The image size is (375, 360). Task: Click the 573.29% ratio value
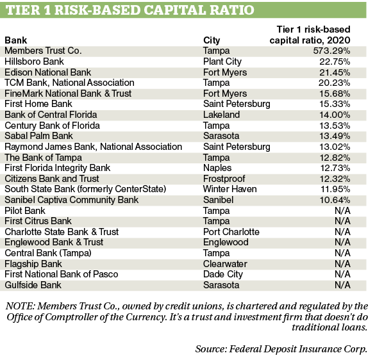(331, 51)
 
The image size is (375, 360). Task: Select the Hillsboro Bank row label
(34, 61)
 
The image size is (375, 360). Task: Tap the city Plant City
(222, 62)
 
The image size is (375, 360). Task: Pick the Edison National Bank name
(48, 72)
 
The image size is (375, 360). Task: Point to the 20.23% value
(334, 83)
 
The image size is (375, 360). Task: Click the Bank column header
(16, 40)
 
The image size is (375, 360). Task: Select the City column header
(212, 40)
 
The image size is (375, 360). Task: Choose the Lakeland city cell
(221, 115)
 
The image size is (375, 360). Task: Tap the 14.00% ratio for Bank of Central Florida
(335, 115)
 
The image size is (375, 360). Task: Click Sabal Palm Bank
(38, 136)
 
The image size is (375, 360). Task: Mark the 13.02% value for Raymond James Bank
(335, 147)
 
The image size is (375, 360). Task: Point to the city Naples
(217, 168)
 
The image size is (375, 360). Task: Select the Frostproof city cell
(224, 179)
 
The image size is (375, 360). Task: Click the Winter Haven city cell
(230, 189)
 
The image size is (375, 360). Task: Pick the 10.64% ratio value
(335, 200)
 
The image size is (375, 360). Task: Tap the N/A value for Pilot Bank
(342, 211)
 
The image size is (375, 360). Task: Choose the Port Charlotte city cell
(231, 232)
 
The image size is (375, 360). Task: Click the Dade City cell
(223, 274)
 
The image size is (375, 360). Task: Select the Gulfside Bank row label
(33, 285)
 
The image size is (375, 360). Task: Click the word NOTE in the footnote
(20, 306)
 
